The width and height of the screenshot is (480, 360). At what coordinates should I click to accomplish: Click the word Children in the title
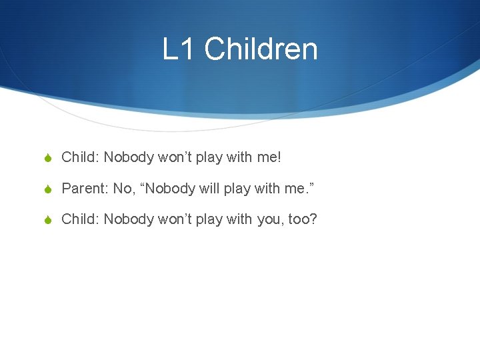[261, 49]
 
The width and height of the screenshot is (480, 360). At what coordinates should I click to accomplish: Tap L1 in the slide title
[179, 49]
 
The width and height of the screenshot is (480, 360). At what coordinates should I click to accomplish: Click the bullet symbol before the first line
[48, 158]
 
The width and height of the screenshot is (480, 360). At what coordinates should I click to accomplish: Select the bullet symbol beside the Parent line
[48, 189]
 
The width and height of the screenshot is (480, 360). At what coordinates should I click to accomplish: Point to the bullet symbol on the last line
[48, 219]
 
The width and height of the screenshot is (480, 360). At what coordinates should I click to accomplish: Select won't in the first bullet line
[174, 158]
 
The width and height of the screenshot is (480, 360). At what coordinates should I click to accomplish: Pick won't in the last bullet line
[174, 219]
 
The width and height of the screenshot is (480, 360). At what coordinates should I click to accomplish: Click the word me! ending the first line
[269, 158]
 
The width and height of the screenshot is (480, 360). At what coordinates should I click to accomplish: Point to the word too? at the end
[303, 219]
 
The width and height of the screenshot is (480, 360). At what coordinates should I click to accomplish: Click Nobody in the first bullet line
[128, 158]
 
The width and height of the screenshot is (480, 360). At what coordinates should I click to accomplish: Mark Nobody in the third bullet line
[128, 219]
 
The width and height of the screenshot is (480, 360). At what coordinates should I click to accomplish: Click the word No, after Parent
[123, 189]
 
